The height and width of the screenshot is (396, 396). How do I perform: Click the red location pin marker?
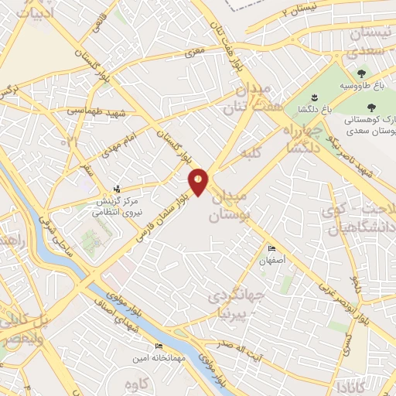(x=198, y=182)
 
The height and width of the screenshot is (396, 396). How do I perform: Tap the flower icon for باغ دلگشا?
(x=313, y=97)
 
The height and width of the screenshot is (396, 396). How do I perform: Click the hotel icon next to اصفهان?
(x=271, y=248)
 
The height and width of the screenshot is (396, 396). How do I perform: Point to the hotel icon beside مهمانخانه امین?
(x=159, y=346)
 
